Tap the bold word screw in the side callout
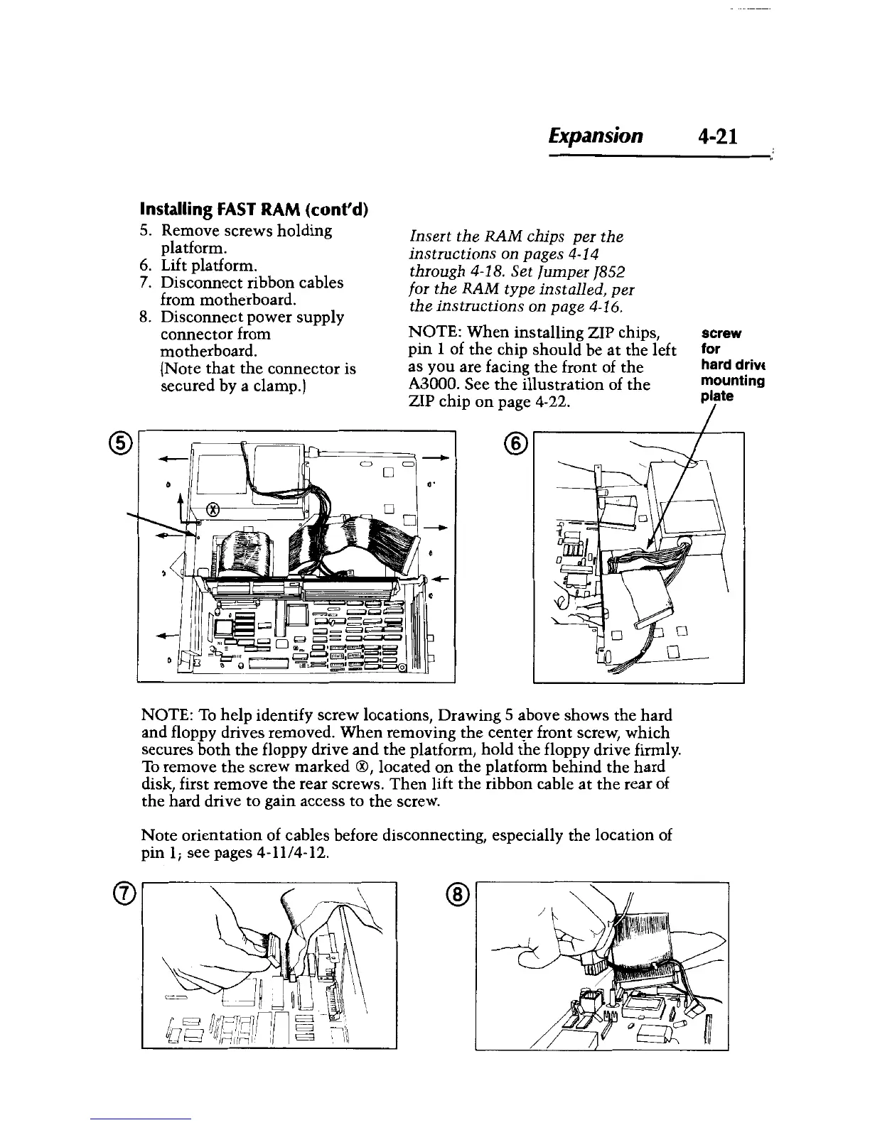point(721,332)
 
